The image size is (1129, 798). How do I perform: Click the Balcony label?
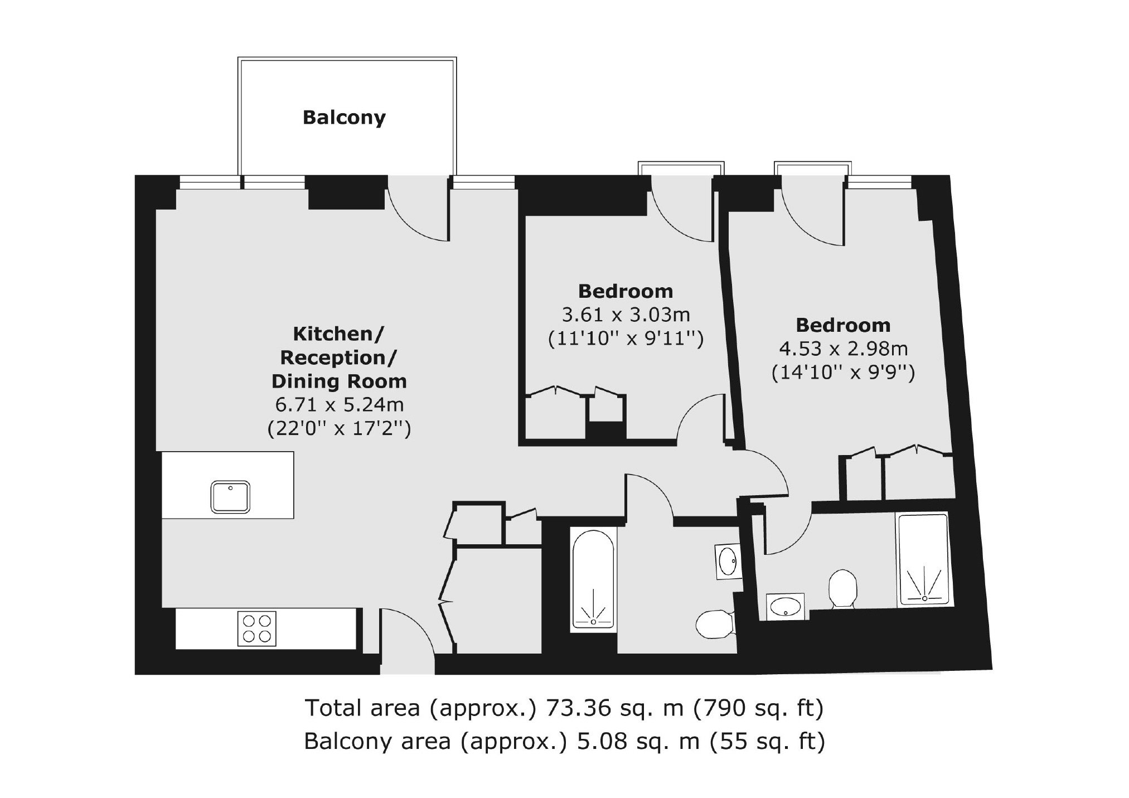tap(344, 118)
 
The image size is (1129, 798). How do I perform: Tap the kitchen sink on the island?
tap(230, 497)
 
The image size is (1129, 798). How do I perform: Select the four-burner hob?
tap(257, 628)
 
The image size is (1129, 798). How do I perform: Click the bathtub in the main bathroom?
tap(593, 580)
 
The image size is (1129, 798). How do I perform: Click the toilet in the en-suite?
tap(842, 588)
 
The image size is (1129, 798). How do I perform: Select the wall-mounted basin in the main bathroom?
tap(728, 562)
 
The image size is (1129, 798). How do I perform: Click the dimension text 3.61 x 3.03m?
tap(626, 315)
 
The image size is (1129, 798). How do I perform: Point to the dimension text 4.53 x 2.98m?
tap(843, 349)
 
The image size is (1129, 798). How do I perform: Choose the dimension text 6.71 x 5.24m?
tap(340, 404)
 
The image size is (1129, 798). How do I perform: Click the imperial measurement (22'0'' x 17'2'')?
tap(340, 428)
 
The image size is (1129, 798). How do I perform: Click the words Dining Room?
tap(339, 381)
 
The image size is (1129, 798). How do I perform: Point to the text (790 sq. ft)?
tap(758, 709)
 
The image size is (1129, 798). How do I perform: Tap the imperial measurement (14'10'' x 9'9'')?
tap(843, 373)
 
